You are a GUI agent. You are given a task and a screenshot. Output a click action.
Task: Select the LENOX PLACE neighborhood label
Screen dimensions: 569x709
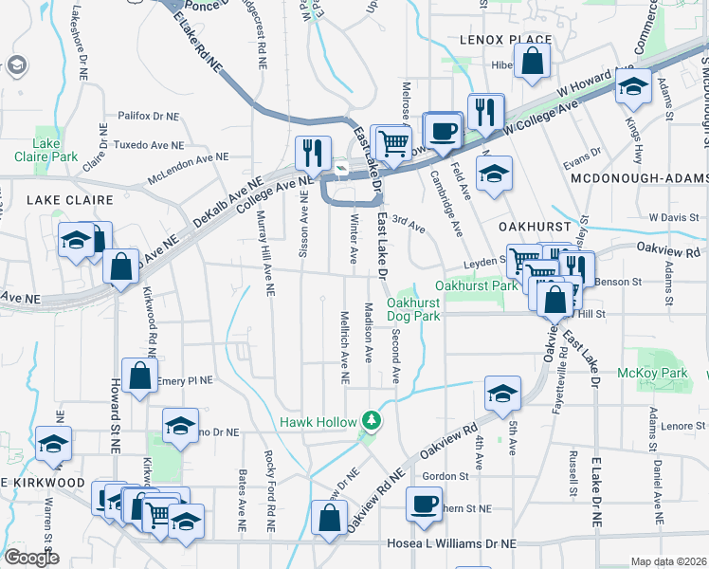492,40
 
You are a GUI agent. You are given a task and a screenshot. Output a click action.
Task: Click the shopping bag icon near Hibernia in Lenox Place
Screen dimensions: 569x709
535,61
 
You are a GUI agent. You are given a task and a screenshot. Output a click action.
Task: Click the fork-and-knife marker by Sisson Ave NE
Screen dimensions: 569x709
312,151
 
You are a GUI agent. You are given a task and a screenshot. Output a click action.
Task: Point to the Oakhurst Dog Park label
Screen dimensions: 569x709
413,309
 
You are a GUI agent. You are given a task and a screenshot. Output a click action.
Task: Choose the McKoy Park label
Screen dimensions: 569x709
651,374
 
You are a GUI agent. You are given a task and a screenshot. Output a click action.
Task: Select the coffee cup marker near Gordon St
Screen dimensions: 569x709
424,502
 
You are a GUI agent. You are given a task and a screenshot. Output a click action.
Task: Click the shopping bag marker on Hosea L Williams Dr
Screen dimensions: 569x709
329,519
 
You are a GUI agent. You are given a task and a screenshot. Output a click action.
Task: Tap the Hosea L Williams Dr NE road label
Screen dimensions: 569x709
452,544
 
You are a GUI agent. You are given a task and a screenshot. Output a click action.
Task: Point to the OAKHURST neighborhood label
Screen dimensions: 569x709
536,228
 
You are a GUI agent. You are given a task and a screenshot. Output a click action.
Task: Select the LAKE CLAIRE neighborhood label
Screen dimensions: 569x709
69,200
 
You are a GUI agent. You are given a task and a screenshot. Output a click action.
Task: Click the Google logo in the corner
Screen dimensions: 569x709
30,558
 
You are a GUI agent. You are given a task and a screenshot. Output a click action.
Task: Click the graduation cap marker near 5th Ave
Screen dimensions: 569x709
502,392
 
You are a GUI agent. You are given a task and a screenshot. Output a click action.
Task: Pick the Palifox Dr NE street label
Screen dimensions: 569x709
148,116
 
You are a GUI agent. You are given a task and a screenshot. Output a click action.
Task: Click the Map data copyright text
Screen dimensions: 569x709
668,561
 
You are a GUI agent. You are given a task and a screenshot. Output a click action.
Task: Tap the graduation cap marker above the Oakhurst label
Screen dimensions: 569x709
492,174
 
